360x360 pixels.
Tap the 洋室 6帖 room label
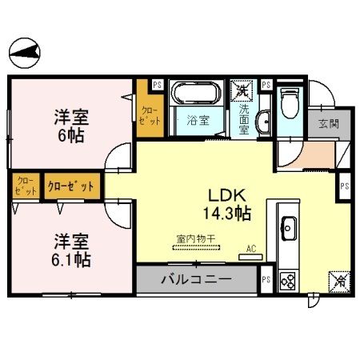tap(71, 125)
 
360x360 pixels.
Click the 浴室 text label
tap(198, 122)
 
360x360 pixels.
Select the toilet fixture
tap(290, 102)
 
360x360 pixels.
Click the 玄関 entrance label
tap(327, 124)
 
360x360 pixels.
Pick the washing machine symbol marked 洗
tap(241, 90)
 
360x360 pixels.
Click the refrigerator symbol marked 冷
tap(338, 281)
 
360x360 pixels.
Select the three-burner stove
tap(288, 281)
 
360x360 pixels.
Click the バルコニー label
tap(197, 280)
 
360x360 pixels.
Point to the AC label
tap(251, 248)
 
